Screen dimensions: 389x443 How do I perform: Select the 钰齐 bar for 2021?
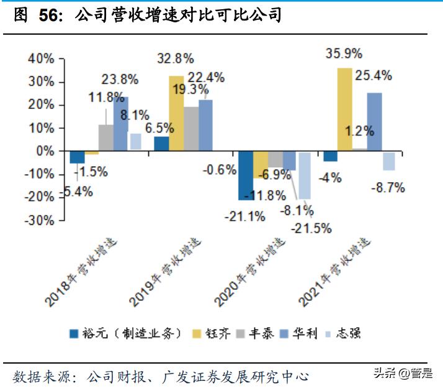pyautogui.click(x=344, y=109)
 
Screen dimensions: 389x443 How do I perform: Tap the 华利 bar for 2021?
pyautogui.click(x=374, y=121)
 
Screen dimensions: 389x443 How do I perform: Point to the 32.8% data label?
pyautogui.click(x=175, y=58)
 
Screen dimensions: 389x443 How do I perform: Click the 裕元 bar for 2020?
pyautogui.click(x=246, y=175)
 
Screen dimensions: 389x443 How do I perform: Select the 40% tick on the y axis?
pyautogui.click(x=40, y=59)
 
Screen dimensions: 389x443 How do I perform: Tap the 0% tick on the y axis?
pyautogui.click(x=45, y=151)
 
